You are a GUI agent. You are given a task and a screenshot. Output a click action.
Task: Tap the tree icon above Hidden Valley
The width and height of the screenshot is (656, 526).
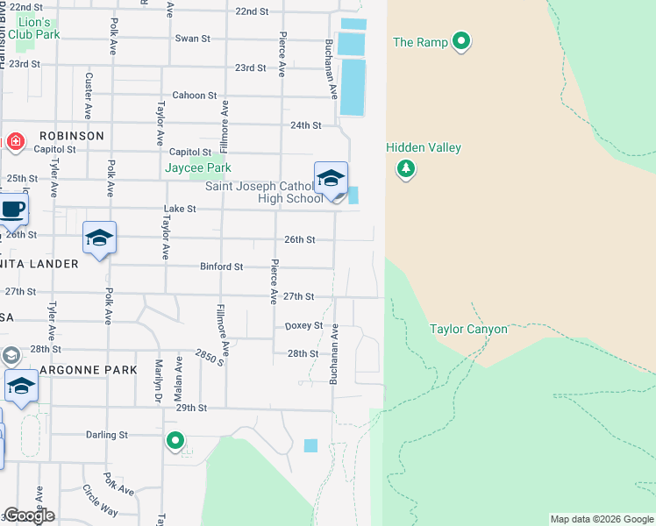pyautogui.click(x=405, y=168)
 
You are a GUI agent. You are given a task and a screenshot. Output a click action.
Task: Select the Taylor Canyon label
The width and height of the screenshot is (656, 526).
pyautogui.click(x=468, y=330)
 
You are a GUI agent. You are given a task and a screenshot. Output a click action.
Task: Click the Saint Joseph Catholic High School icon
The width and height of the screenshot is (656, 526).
pyautogui.click(x=331, y=178)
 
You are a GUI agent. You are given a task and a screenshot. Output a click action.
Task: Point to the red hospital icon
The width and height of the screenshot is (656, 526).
pyautogui.click(x=15, y=141)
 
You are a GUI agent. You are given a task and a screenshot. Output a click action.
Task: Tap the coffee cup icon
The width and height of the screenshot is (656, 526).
pyautogui.click(x=11, y=210)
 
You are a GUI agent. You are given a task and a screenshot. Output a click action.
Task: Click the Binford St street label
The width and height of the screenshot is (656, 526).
pyautogui.click(x=222, y=267)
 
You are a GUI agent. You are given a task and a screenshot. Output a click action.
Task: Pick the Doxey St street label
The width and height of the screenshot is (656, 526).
pyautogui.click(x=304, y=325)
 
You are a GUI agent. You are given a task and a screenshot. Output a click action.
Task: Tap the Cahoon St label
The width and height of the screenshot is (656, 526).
pyautogui.click(x=194, y=96)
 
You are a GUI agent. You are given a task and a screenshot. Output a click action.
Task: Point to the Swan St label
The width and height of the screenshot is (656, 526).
pyautogui.click(x=193, y=39)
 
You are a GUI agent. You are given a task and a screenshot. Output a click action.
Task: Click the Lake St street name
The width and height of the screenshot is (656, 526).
pyautogui.click(x=180, y=210)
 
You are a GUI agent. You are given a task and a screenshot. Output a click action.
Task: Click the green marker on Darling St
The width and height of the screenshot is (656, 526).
pyautogui.click(x=175, y=441)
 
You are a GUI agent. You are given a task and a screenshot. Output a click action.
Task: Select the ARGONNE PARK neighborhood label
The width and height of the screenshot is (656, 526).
pyautogui.click(x=88, y=370)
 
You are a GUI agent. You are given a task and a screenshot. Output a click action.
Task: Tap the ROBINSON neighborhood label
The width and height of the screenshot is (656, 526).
pyautogui.click(x=71, y=136)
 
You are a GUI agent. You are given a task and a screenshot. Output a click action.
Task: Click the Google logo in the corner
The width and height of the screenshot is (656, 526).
pyautogui.click(x=28, y=515)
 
